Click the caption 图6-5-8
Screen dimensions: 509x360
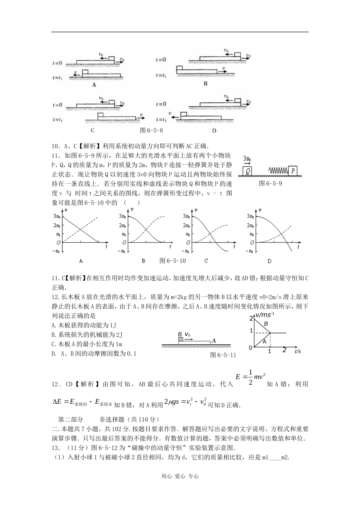point(151,130)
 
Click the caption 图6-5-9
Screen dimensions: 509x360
point(270,183)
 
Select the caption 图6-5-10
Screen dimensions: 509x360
point(172,261)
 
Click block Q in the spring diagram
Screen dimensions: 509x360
point(248,171)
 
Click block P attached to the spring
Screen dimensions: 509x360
point(293,171)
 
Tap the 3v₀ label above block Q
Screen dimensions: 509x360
point(247,158)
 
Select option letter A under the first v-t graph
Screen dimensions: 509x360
point(81,261)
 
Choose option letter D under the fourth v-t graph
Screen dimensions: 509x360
point(269,261)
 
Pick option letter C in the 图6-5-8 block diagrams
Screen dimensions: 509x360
point(92,130)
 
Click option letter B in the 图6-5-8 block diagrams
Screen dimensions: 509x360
point(205,84)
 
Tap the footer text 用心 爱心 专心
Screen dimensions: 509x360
point(180,476)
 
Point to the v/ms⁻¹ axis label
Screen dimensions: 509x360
point(265,315)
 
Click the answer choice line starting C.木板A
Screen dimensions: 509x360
point(87,344)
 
